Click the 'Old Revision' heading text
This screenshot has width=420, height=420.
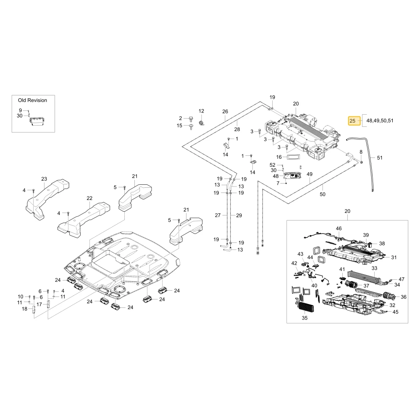[32, 100]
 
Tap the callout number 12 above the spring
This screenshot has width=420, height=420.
[201, 111]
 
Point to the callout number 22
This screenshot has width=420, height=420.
[89, 198]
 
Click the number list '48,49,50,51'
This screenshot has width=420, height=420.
[380, 121]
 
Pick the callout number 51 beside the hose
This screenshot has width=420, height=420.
[380, 158]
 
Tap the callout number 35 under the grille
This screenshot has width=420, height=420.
[304, 318]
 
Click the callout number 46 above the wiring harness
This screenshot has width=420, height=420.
[339, 228]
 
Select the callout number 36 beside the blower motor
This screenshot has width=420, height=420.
[404, 297]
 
